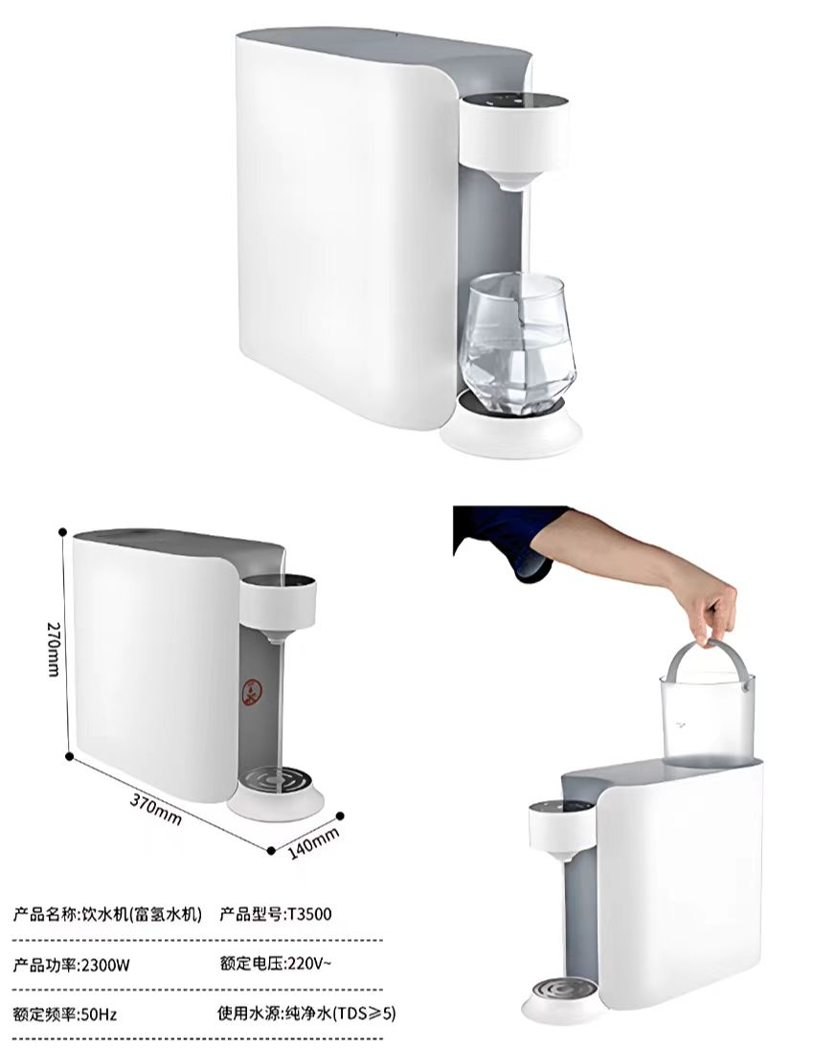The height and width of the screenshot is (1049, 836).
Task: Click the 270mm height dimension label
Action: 54,648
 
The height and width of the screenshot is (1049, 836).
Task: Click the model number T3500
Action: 308,914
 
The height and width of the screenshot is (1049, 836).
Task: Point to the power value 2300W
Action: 105,965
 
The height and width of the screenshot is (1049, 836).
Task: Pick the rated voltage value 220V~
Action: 308,964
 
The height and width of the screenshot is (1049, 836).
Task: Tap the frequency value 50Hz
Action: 99,1015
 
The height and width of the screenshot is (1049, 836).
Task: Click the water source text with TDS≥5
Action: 306,1014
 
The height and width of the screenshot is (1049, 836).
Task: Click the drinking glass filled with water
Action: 517,344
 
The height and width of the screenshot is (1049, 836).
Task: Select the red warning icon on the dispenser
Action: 252,692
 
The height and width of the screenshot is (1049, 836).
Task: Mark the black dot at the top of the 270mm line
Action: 63,532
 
